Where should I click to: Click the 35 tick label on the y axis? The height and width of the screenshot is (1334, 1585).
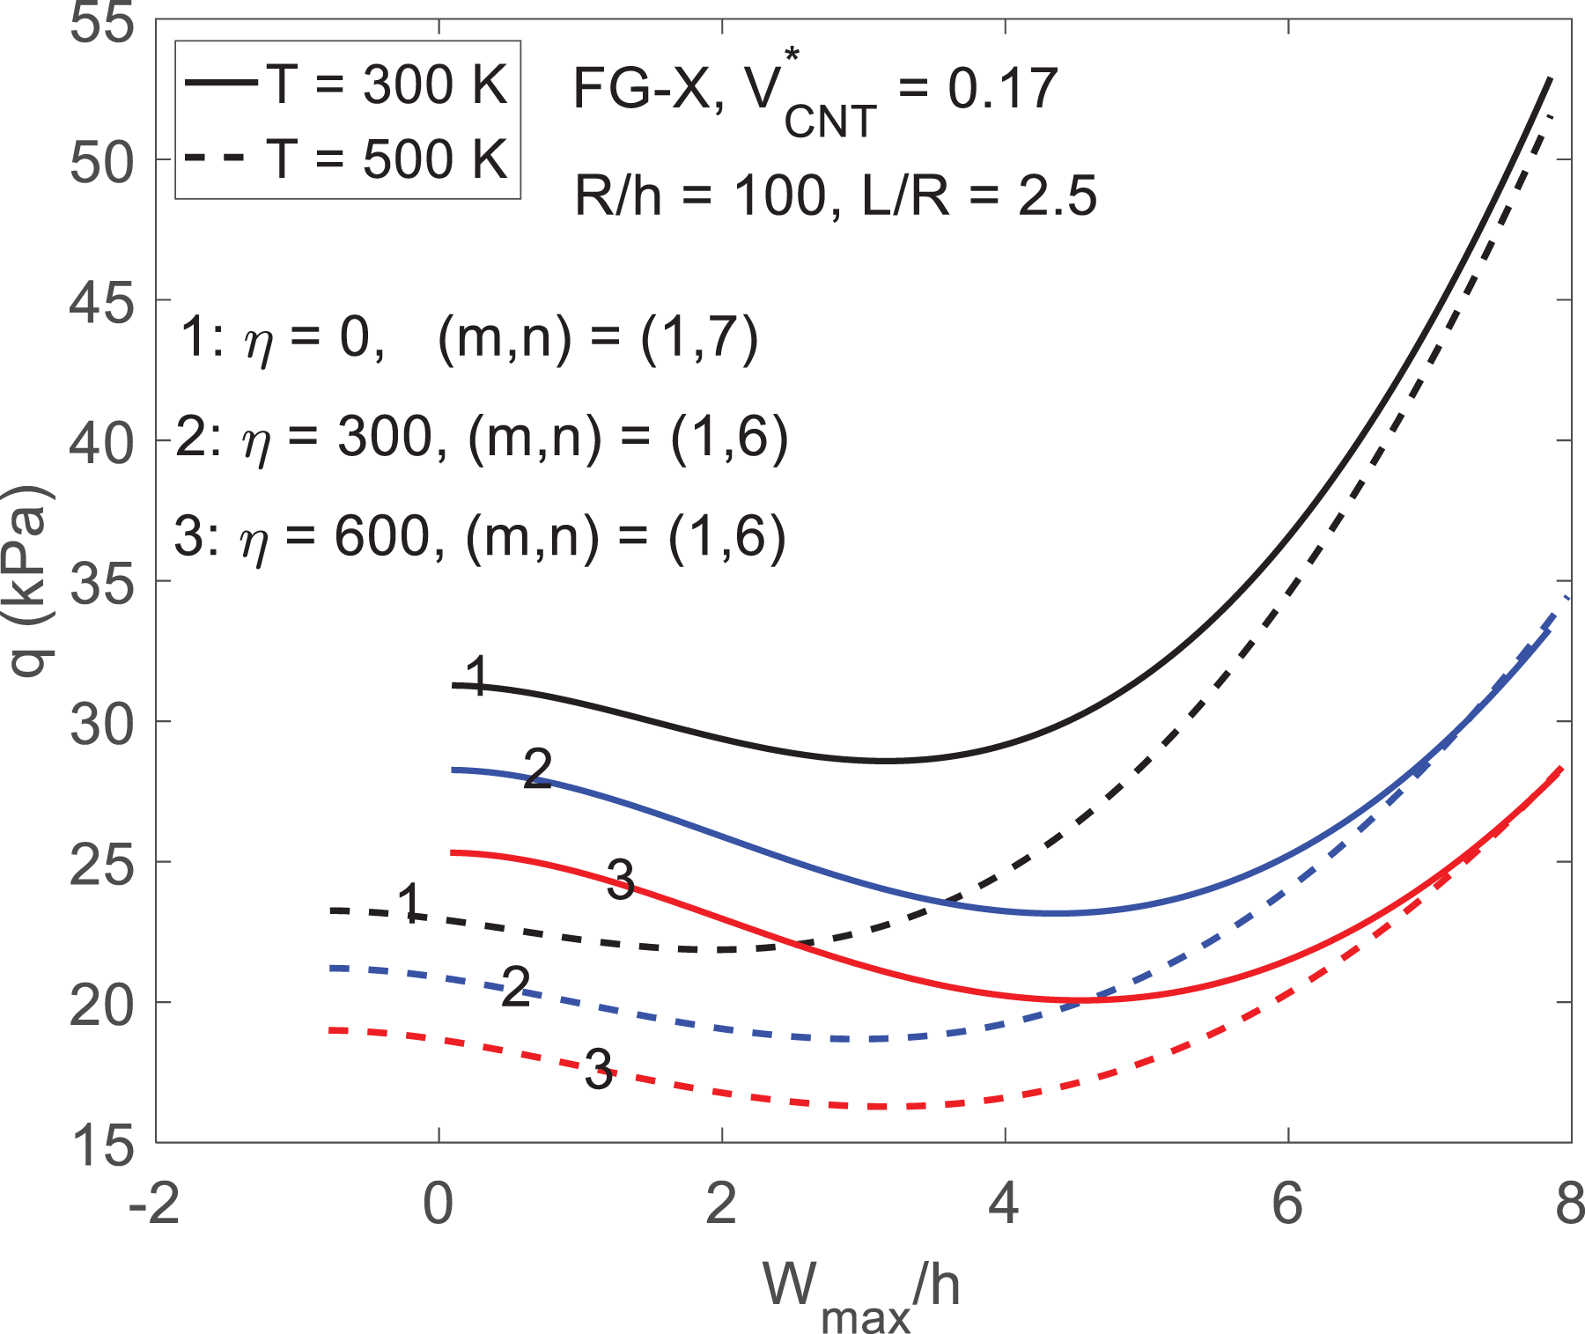click(101, 583)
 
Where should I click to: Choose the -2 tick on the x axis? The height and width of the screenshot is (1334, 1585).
click(154, 1204)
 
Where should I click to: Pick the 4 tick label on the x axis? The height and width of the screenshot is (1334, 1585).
click(1004, 1204)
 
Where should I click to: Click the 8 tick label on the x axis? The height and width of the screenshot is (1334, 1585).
click(1569, 1204)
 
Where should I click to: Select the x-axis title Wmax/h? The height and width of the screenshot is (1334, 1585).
click(861, 1295)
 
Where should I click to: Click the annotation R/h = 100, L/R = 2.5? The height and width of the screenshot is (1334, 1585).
click(836, 195)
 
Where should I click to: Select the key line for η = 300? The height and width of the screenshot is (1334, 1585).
click(482, 438)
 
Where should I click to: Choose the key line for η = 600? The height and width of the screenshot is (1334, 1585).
click(480, 536)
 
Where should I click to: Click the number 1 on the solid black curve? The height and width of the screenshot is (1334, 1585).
click(476, 676)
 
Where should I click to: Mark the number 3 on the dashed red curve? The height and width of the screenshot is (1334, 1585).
click(599, 1070)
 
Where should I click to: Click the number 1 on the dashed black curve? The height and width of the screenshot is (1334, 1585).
click(410, 903)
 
